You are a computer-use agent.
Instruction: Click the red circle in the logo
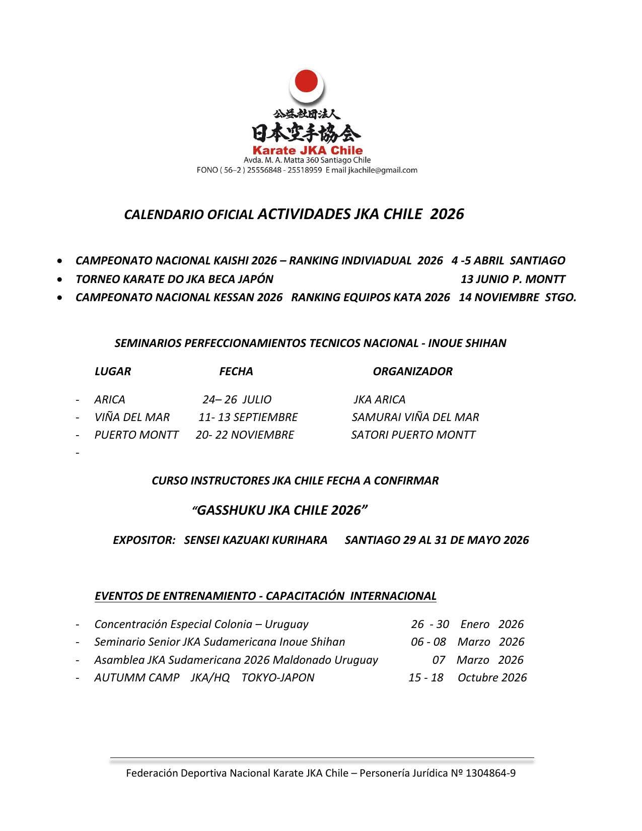(x=306, y=82)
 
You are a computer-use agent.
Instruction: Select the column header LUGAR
(x=112, y=372)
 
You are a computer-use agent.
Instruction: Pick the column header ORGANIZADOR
(x=412, y=372)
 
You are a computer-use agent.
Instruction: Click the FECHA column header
(x=236, y=372)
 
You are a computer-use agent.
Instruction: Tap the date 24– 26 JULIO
(x=237, y=400)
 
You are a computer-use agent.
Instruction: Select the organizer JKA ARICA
(x=379, y=400)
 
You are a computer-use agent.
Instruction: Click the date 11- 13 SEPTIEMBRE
(x=248, y=418)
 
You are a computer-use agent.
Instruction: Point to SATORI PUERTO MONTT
(x=413, y=435)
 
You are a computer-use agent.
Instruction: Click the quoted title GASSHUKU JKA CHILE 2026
(x=279, y=511)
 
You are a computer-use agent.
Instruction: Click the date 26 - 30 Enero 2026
(x=467, y=625)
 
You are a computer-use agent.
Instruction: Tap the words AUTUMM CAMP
(x=136, y=678)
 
